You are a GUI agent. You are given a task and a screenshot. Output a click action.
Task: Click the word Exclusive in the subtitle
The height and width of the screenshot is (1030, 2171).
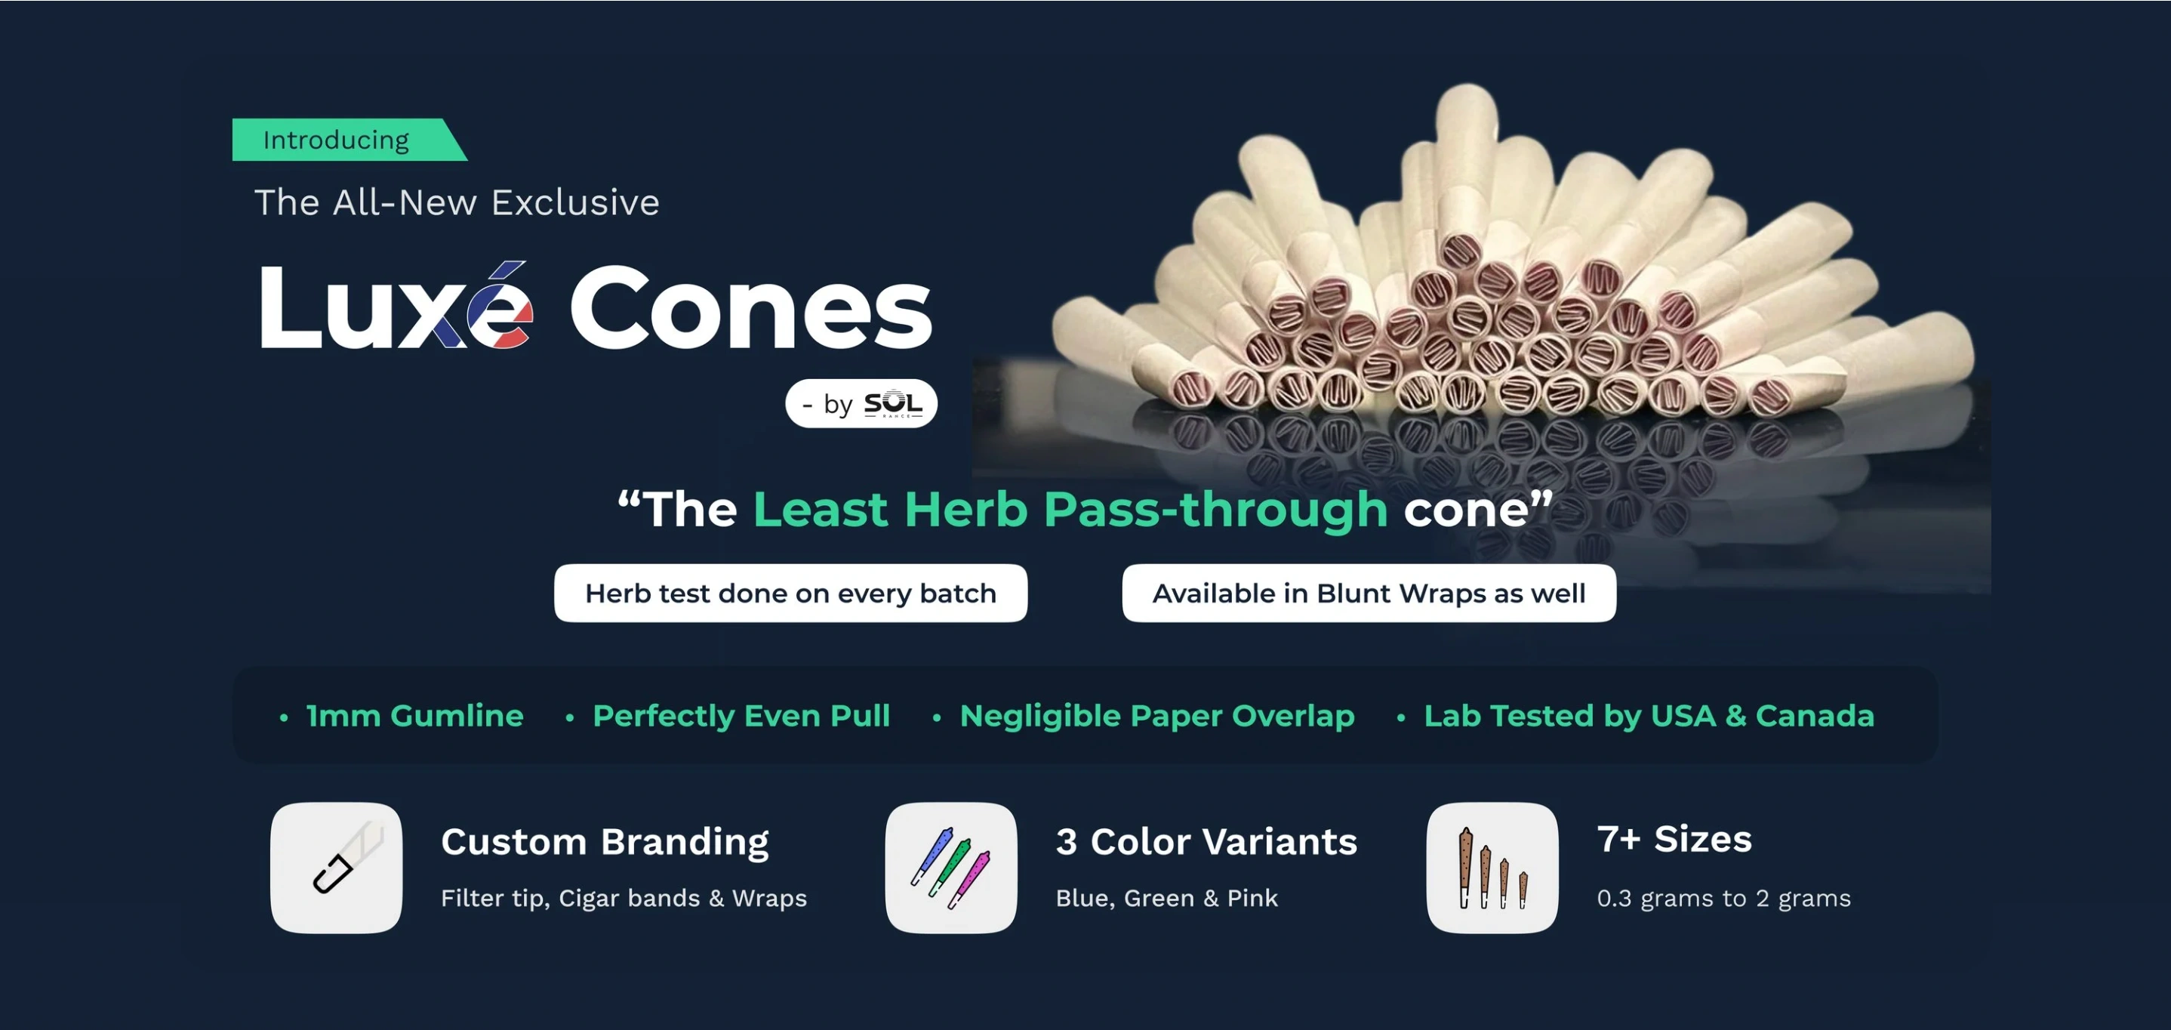pos(576,203)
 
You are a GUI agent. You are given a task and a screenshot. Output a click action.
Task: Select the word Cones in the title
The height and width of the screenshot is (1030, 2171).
pos(751,309)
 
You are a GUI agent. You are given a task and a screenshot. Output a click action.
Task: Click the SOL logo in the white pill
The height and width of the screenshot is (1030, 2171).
pos(893,404)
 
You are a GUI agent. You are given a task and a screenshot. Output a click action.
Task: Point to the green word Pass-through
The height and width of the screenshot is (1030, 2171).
pos(1215,510)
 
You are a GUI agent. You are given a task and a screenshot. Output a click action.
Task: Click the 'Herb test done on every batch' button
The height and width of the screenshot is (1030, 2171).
pos(790,594)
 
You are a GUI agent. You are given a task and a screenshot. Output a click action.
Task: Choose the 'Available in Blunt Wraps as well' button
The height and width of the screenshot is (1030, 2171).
pos(1369,594)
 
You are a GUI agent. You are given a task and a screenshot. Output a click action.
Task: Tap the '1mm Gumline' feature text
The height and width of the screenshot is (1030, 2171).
pos(414,716)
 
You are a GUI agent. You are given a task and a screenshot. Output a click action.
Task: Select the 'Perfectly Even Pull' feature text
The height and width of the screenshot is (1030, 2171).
pos(741,717)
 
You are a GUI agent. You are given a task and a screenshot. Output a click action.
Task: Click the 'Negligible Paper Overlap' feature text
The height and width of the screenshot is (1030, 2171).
pos(1157,717)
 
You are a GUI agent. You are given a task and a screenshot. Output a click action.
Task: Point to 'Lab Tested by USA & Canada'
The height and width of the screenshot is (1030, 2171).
pos(1649,717)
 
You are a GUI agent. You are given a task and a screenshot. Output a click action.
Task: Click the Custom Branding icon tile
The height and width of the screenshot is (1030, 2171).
pos(336,868)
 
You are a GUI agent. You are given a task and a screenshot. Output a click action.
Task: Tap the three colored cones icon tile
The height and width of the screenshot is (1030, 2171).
pos(950,868)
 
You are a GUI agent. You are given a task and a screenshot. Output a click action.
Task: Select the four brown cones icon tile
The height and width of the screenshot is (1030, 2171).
pos(1492,868)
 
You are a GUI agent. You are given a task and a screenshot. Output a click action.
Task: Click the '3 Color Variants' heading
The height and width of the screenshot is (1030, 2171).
pos(1207,842)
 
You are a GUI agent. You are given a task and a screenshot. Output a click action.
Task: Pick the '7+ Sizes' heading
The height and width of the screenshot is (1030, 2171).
pos(1674,840)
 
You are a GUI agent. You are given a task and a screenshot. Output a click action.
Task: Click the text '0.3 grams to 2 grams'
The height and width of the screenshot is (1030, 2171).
pos(1723,899)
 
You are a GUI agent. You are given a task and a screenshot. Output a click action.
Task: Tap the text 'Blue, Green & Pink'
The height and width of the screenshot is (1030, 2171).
pos(1167,899)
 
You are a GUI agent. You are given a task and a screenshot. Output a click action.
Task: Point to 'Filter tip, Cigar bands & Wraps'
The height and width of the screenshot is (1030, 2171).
pos(624,899)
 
